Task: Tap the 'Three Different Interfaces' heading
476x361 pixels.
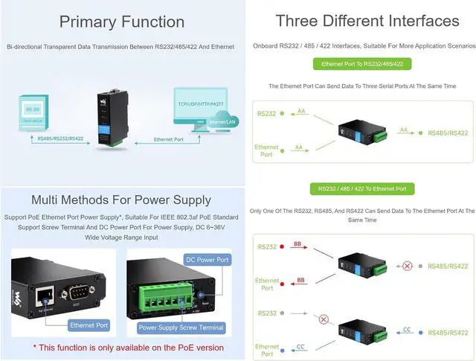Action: click(367, 20)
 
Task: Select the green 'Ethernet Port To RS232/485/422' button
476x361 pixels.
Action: click(363, 64)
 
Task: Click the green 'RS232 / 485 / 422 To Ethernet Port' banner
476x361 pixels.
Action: click(363, 189)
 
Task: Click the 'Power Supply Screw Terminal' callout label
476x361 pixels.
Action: click(181, 328)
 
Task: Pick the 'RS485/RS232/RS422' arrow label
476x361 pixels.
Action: click(60, 139)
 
